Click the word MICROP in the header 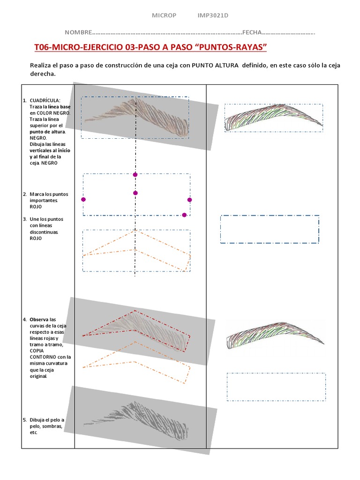[164, 15]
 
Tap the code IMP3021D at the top [213, 15]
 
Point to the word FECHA [253, 32]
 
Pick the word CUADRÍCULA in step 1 [45, 101]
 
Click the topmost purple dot [135, 174]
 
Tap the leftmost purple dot [83, 199]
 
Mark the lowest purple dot [184, 215]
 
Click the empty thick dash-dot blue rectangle [270, 229]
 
